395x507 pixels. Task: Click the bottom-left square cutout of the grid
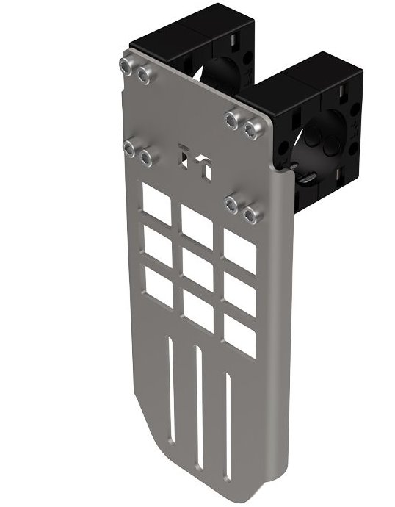(x=159, y=285)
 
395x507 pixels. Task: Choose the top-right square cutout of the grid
(x=240, y=251)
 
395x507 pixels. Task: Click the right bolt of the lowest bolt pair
(x=251, y=215)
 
